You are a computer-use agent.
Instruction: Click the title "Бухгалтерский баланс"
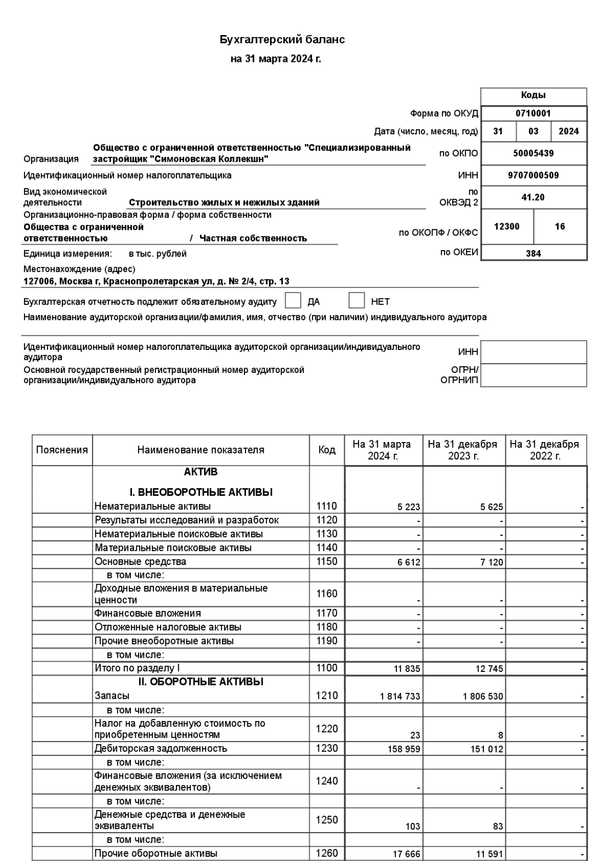(282, 40)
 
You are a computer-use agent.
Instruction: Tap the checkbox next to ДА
(293, 301)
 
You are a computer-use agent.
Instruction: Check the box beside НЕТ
(356, 301)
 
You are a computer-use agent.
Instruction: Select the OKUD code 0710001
(533, 114)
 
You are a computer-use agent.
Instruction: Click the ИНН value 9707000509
(533, 176)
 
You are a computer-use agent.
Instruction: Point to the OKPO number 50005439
(533, 154)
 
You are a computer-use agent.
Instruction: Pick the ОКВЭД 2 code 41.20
(533, 197)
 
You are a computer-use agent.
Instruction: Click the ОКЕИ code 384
(533, 253)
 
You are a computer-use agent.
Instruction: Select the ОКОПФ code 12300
(507, 227)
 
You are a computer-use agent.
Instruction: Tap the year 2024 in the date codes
(569, 132)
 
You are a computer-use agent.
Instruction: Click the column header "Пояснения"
(62, 450)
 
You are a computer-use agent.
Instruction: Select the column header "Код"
(327, 450)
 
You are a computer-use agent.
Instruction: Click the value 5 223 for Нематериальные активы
(409, 507)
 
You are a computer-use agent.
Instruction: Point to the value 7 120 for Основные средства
(491, 562)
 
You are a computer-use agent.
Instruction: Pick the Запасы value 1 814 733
(400, 696)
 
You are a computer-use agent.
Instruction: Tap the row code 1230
(327, 748)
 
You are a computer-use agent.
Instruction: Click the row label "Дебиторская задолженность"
(161, 748)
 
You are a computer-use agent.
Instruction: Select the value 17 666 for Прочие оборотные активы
(406, 854)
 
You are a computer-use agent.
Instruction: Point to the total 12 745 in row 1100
(489, 669)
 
